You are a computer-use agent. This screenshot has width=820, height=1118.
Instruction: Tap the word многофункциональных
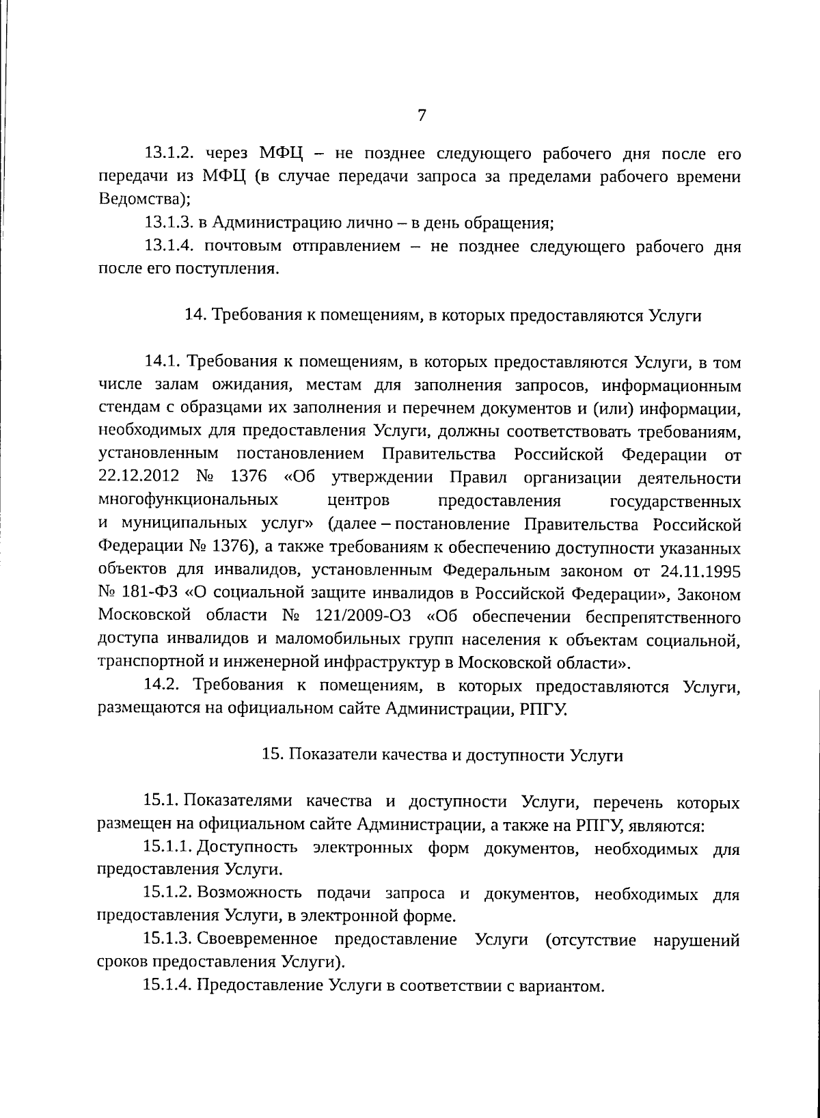pyautogui.click(x=189, y=501)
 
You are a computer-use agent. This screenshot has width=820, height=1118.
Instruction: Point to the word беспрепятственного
pyautogui.click(x=661, y=617)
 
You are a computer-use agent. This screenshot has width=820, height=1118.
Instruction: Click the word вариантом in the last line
pyautogui.click(x=569, y=987)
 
